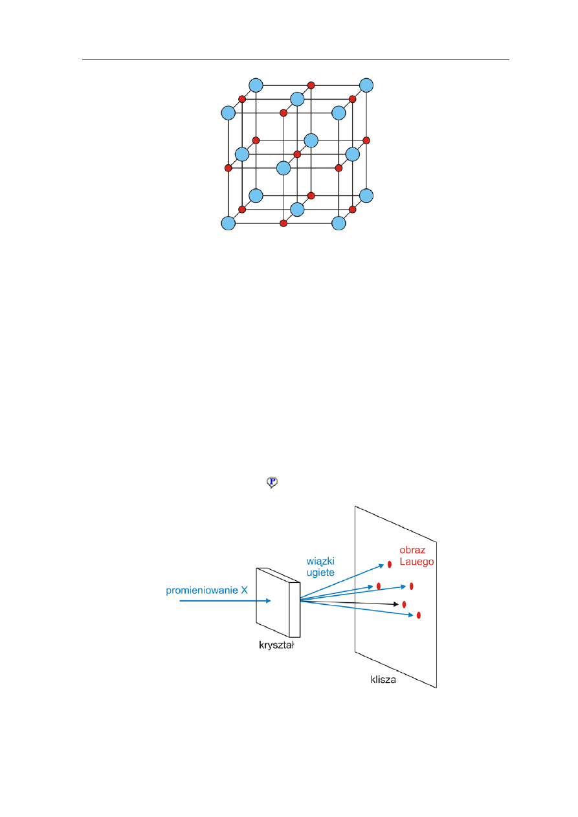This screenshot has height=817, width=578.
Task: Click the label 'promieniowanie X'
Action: pos(206,591)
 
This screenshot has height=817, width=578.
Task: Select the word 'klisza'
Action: pos(383,680)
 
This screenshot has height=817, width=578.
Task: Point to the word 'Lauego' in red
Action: pos(416,561)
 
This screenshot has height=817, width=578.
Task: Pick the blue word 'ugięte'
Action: pos(320,573)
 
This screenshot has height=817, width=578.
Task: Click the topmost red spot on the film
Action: pos(390,564)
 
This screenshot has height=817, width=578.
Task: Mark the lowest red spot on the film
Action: pos(419,615)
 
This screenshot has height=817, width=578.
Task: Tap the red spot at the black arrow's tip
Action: pos(404,604)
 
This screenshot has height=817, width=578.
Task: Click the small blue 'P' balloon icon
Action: pos(272,482)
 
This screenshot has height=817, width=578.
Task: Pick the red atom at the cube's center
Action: pos(297,154)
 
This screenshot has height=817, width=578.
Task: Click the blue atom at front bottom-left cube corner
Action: pos(228,223)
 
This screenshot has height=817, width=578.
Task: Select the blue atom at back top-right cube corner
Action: pos(366,85)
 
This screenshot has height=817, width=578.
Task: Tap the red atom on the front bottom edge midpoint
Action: pos(283,223)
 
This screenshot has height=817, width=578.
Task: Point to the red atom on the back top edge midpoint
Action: pos(311,85)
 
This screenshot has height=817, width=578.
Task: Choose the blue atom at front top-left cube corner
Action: pos(228,113)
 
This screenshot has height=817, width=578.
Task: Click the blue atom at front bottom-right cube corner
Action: pos(339,223)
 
